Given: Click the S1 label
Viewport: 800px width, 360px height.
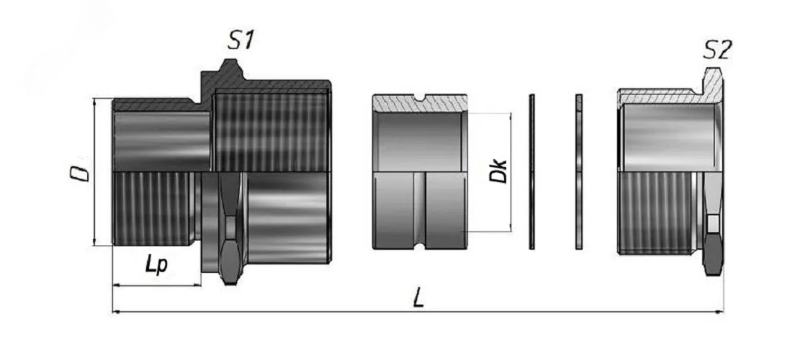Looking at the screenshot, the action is click(x=241, y=40).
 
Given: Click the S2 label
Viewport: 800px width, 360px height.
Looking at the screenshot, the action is click(x=717, y=50).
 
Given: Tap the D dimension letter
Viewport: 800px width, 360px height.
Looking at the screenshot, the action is click(x=80, y=172).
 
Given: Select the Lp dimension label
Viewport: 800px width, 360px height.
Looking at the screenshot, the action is click(x=157, y=265).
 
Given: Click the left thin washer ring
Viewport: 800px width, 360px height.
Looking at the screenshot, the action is click(x=531, y=172).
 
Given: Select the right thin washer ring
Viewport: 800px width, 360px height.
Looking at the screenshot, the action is click(x=578, y=172).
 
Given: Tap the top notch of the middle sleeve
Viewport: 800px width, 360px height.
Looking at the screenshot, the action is click(x=419, y=97).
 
